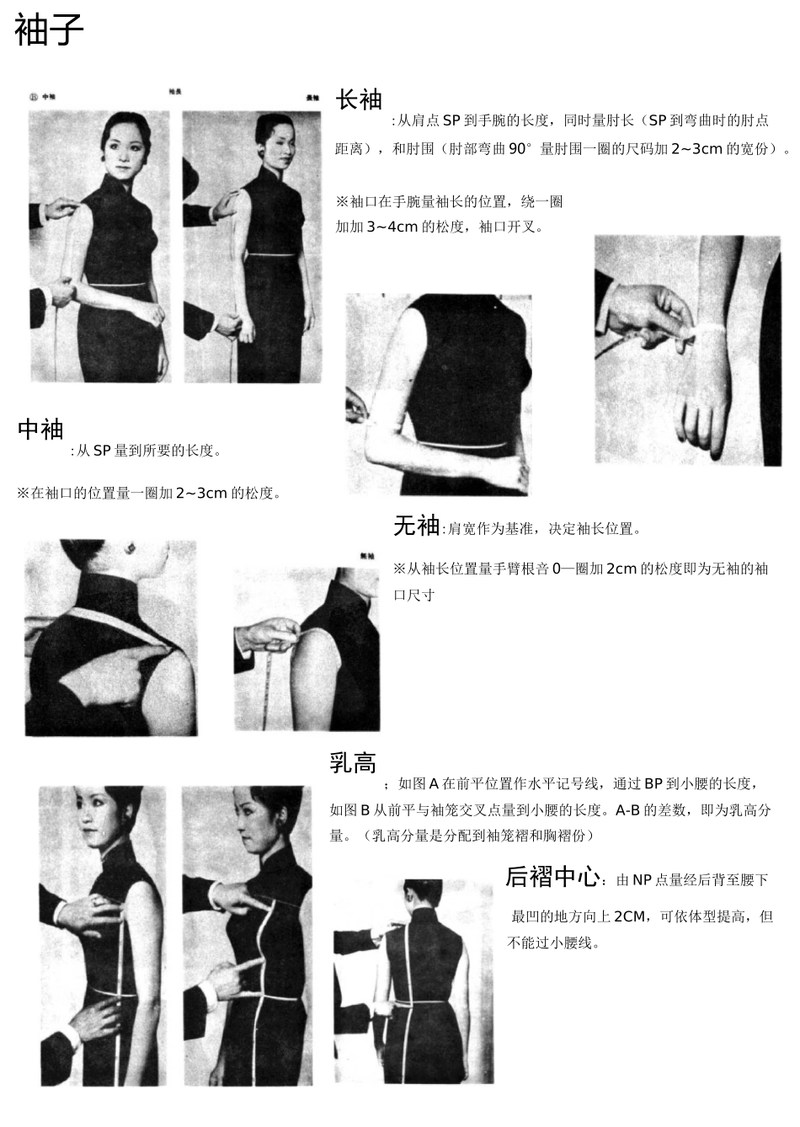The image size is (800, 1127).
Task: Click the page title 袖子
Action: pos(50,31)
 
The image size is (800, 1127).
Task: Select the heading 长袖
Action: pos(359,99)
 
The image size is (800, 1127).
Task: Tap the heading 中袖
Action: pos(40,429)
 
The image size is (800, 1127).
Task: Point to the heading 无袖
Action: pos(416,526)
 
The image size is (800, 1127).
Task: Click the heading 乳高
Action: pos(353,763)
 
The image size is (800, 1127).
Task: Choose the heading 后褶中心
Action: pos(552,877)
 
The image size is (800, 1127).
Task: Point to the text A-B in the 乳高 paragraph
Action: pos(631,810)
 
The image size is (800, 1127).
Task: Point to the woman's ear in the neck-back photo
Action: pos(132,549)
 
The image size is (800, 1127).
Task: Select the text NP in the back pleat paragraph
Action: pos(642,880)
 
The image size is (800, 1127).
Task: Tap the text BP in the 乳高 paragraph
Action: pos(653,784)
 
